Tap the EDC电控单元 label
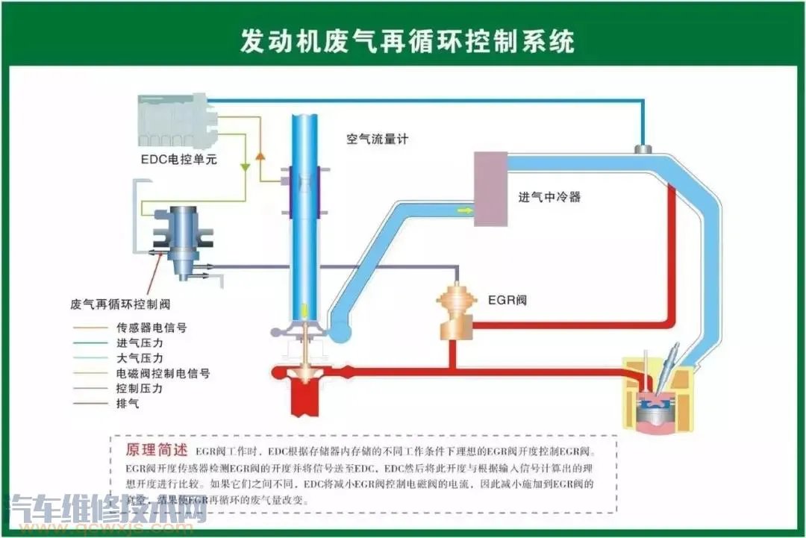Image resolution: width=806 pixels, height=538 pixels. point(179,159)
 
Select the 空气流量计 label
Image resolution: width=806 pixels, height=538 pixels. point(377,139)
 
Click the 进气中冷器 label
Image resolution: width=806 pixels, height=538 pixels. point(549,198)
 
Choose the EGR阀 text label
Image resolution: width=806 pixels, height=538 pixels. point(507,301)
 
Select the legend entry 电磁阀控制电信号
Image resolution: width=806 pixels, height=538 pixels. point(163,373)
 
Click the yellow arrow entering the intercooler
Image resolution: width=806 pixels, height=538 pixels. point(465,211)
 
